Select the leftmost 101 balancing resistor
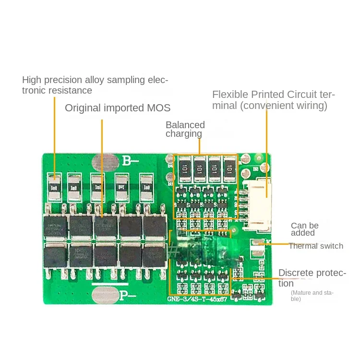click(183, 168)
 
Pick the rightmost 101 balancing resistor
click(229, 168)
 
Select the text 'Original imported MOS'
click(118, 108)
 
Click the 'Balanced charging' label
click(185, 129)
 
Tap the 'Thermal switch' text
click(316, 246)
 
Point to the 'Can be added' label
click(304, 229)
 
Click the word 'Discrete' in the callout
click(296, 273)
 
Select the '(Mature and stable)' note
click(312, 295)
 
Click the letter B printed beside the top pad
click(126, 160)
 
